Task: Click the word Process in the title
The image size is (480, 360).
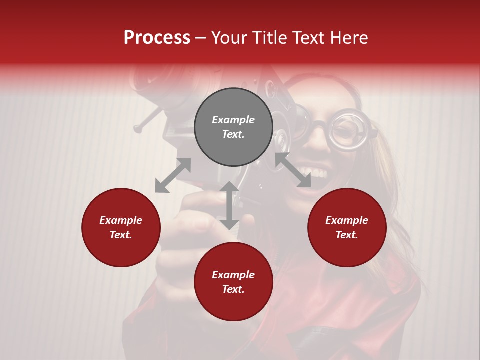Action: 157,38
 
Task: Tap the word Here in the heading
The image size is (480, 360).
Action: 348,38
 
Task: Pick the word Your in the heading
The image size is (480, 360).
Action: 229,38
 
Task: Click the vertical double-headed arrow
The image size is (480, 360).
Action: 229,205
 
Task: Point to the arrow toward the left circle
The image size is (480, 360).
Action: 173,175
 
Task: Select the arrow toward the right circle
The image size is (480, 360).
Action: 293,170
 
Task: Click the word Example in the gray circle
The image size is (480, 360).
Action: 233,120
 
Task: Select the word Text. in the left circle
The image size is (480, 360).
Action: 121,235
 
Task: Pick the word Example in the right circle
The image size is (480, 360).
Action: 347,220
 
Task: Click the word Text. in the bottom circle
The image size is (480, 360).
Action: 233,289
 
